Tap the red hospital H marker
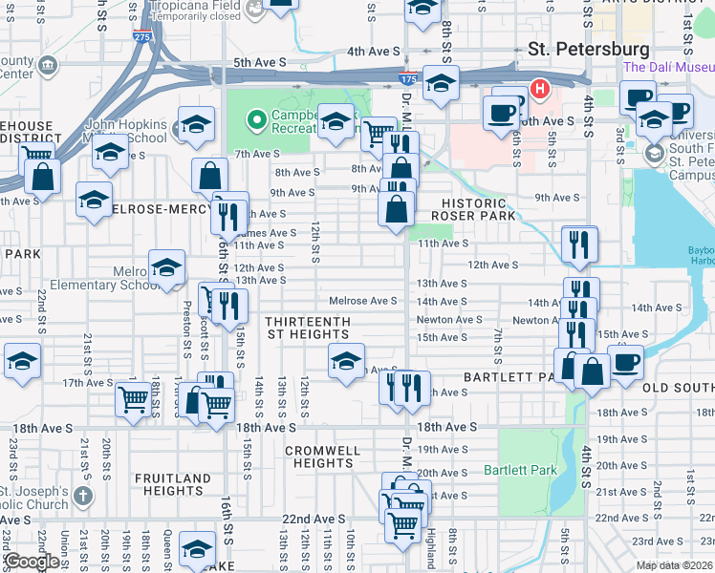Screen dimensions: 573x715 point(540,91)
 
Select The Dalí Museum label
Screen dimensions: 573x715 point(668,68)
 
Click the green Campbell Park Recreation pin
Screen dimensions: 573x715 point(256,120)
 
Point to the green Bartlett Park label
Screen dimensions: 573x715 point(520,471)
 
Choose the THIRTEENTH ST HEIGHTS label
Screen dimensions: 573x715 point(307,329)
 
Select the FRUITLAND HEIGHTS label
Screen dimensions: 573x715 point(173,484)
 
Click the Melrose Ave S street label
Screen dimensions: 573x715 point(362,301)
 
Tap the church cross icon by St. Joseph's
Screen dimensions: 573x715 point(84,497)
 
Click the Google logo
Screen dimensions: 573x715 point(32,562)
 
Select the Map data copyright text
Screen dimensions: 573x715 point(675,565)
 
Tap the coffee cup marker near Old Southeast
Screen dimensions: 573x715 point(626,362)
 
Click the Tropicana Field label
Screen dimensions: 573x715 point(194,6)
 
